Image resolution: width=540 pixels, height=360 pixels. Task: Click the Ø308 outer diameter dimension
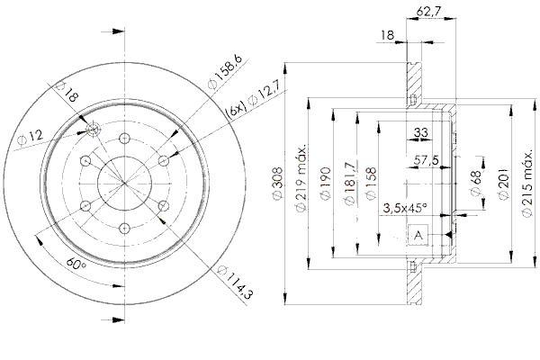click(277, 183)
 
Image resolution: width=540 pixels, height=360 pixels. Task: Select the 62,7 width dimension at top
click(428, 12)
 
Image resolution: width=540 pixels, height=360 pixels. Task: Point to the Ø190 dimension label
click(325, 183)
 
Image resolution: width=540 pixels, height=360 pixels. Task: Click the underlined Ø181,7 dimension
click(350, 183)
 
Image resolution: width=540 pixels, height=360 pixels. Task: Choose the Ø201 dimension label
click(504, 183)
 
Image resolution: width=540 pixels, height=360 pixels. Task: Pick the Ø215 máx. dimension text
click(527, 183)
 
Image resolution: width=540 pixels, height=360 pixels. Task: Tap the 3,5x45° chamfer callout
click(405, 208)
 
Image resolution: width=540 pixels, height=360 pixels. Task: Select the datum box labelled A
click(418, 235)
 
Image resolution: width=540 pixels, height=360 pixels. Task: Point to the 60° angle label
click(76, 265)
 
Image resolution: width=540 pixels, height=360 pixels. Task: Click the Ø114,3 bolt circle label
click(236, 283)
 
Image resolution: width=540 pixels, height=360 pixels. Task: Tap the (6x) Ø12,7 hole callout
click(253, 99)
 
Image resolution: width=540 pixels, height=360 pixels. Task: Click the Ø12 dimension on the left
click(31, 138)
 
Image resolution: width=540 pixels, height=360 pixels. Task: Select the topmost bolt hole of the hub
click(124, 139)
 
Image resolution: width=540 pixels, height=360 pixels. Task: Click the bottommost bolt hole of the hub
click(124, 228)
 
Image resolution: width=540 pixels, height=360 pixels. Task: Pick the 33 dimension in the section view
click(420, 132)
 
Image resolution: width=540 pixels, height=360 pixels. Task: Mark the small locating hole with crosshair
click(94, 130)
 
